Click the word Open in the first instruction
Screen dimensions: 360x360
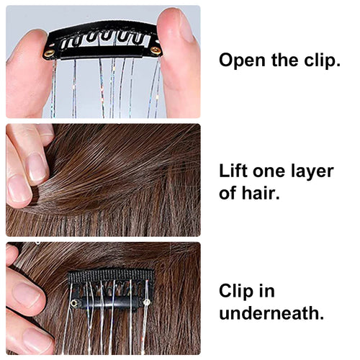pyautogui.click(x=243, y=60)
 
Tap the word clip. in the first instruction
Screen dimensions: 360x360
pyautogui.click(x=323, y=60)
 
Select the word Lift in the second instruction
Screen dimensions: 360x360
pyautogui.click(x=233, y=171)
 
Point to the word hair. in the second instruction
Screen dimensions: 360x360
pyautogui.click(x=261, y=192)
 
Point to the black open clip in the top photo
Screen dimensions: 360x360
pyautogui.click(x=102, y=41)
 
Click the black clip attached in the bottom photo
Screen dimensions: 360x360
pyautogui.click(x=111, y=290)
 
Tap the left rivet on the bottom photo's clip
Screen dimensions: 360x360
pyautogui.click(x=74, y=303)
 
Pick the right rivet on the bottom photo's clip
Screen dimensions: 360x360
pyautogui.click(x=146, y=302)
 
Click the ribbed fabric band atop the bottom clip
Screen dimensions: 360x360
pyautogui.click(x=111, y=276)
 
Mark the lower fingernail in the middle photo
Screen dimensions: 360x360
pyautogui.click(x=19, y=189)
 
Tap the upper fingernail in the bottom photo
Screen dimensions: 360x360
pyautogui.click(x=27, y=294)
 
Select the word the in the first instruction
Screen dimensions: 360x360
pyautogui.click(x=285, y=60)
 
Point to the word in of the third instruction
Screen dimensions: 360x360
pyautogui.click(x=266, y=290)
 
